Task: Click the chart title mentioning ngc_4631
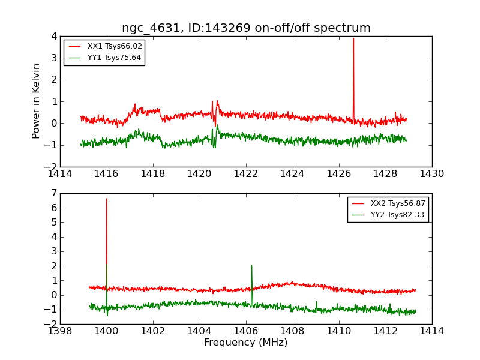[246, 28]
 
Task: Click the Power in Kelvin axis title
[37, 101]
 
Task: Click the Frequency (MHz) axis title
[245, 343]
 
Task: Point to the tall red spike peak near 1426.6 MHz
[353, 39]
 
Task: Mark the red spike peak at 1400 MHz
[107, 199]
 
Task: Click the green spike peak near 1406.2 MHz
[251, 266]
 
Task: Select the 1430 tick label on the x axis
[431, 174]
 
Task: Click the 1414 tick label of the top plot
[61, 174]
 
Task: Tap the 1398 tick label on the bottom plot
[61, 331]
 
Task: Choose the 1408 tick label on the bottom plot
[292, 331]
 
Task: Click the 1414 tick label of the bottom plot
[431, 331]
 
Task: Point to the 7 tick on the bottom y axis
[53, 193]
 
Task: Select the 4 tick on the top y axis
[53, 36]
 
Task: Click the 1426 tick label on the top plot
[338, 174]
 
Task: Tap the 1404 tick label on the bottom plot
[199, 331]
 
